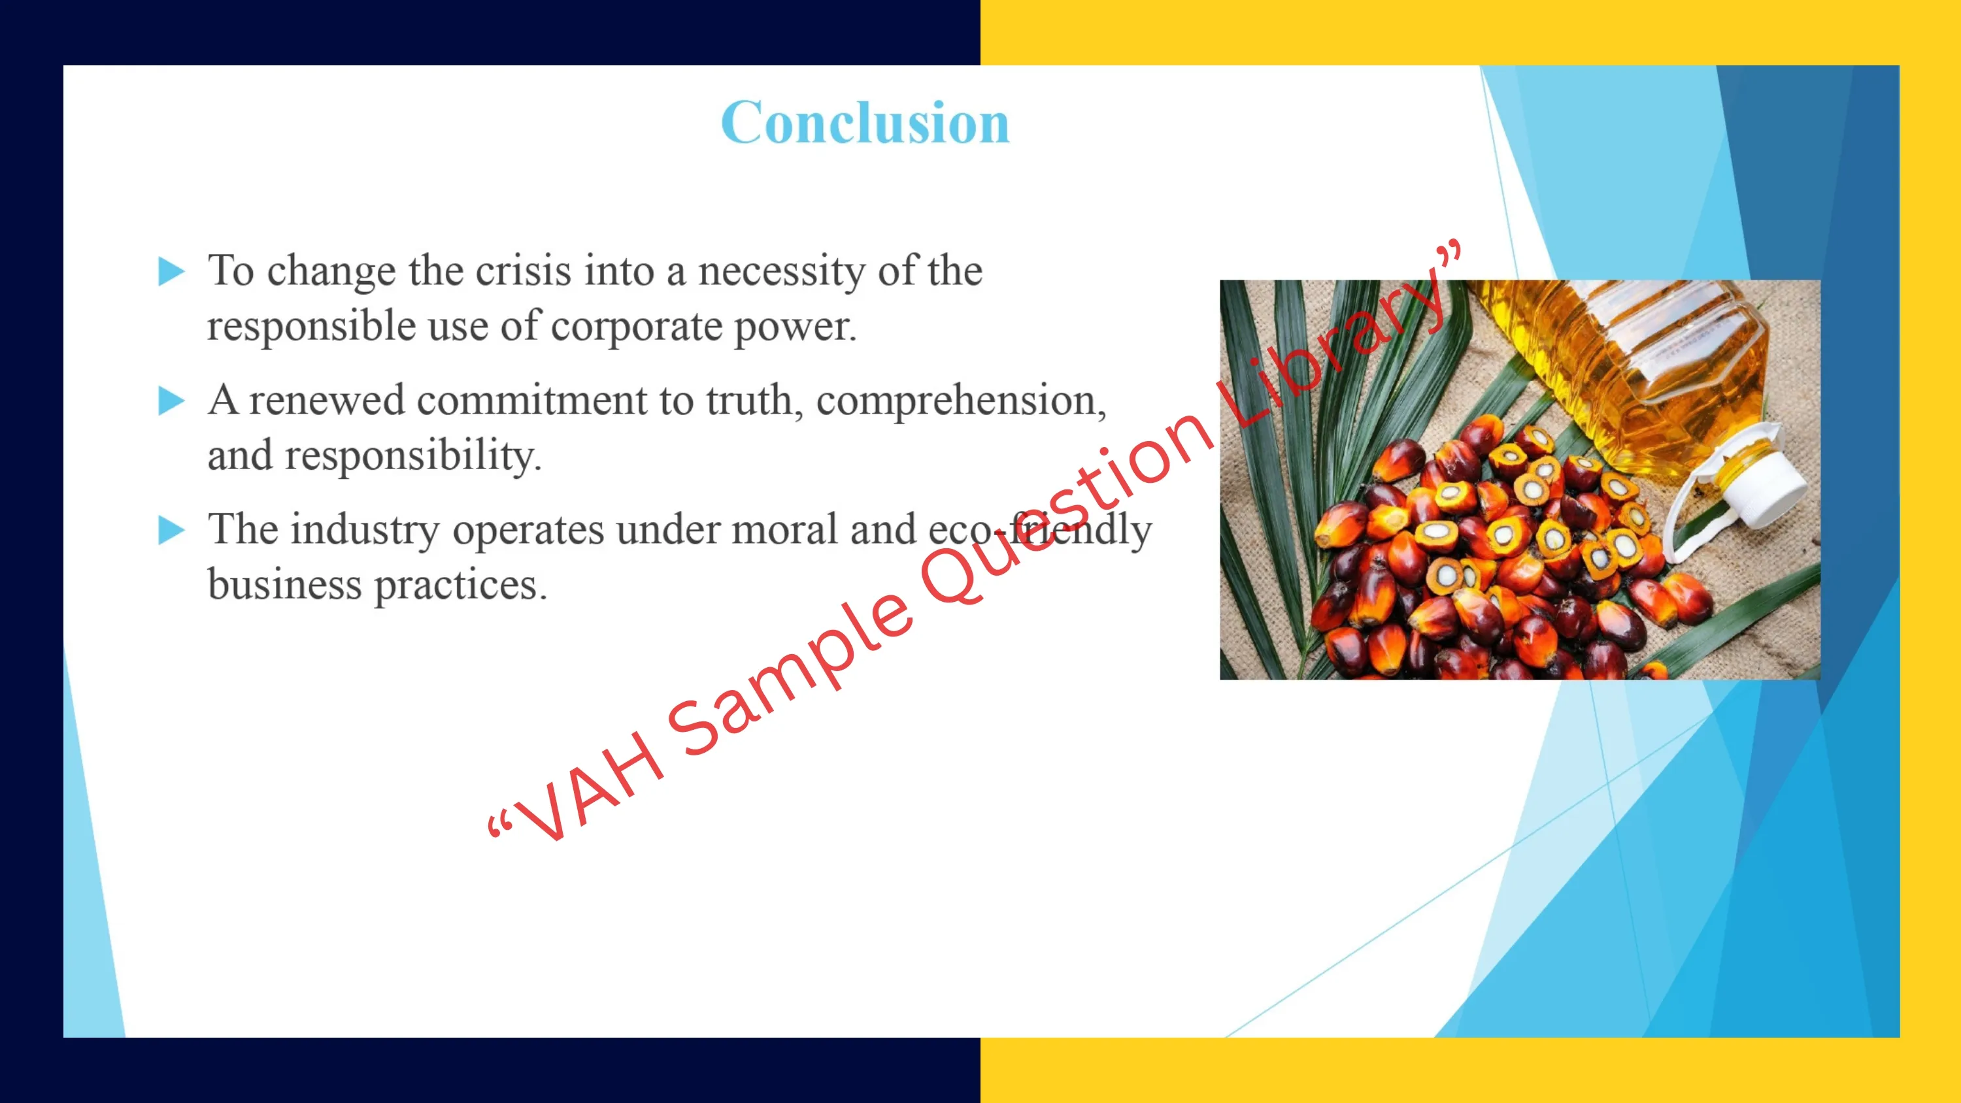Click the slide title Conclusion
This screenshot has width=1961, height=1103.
[x=865, y=123]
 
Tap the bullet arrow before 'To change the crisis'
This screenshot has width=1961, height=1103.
[x=171, y=272]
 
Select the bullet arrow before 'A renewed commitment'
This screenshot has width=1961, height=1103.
[x=171, y=401]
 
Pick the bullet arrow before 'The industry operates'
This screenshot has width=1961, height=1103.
[x=171, y=531]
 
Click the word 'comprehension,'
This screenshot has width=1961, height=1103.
[x=961, y=402]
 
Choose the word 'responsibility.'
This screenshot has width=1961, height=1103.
[x=412, y=457]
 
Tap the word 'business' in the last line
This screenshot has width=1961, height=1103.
[x=285, y=585]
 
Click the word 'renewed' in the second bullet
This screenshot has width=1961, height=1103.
[x=327, y=401]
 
